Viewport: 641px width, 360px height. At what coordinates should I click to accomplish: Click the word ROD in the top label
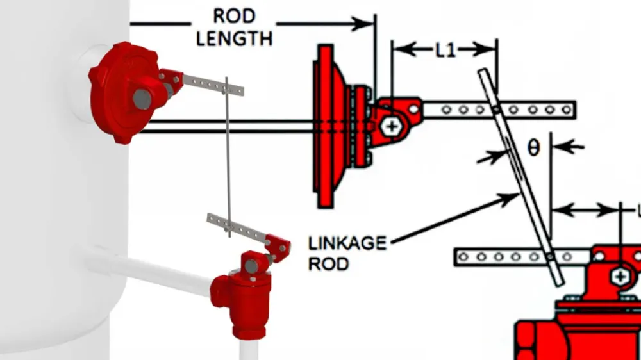coord(233,15)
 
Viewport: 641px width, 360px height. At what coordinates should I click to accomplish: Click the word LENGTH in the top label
coord(234,38)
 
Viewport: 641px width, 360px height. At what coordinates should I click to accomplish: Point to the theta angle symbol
coord(533,148)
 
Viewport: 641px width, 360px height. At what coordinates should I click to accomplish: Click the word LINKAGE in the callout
coord(347,243)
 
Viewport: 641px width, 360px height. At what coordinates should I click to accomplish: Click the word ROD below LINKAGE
coord(328,263)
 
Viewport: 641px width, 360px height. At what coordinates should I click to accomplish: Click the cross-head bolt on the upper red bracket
coord(392,126)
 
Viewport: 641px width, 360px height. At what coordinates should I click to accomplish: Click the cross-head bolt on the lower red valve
coord(620,276)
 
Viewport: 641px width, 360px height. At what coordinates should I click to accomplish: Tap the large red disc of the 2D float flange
coord(326,126)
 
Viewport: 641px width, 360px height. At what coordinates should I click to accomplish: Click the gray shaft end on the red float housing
coord(142,99)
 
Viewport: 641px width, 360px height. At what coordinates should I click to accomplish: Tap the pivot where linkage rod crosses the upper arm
coord(497,110)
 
